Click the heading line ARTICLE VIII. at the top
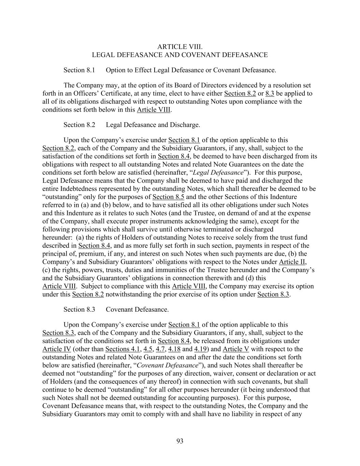click(180, 47)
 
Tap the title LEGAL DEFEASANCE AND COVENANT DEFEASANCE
click(180, 55)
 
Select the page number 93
click(180, 441)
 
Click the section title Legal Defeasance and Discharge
click(153, 125)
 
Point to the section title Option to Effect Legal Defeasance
click(191, 70)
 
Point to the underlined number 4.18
click(174, 349)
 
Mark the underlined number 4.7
click(160, 349)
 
